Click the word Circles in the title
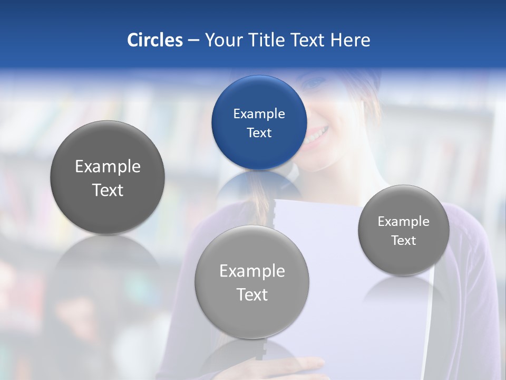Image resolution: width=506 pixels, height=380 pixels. [155, 40]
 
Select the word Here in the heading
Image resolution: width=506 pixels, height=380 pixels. [350, 40]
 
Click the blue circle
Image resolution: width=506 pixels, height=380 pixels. [259, 122]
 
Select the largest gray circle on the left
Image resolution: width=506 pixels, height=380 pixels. [108, 177]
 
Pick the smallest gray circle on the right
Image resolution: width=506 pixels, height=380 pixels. [404, 230]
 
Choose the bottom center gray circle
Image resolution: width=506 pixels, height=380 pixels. [252, 282]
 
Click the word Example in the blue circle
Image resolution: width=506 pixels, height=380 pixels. [259, 113]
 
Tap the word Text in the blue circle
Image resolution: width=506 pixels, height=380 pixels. [259, 132]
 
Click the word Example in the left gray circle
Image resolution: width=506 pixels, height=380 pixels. [108, 167]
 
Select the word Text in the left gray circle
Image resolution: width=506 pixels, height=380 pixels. [108, 190]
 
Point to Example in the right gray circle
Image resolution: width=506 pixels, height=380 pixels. [404, 221]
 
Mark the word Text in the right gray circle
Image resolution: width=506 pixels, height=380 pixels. [404, 240]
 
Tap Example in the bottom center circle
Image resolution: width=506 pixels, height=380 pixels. [252, 271]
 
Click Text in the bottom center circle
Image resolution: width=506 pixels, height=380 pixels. [252, 294]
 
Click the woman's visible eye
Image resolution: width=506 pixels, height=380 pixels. [316, 83]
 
